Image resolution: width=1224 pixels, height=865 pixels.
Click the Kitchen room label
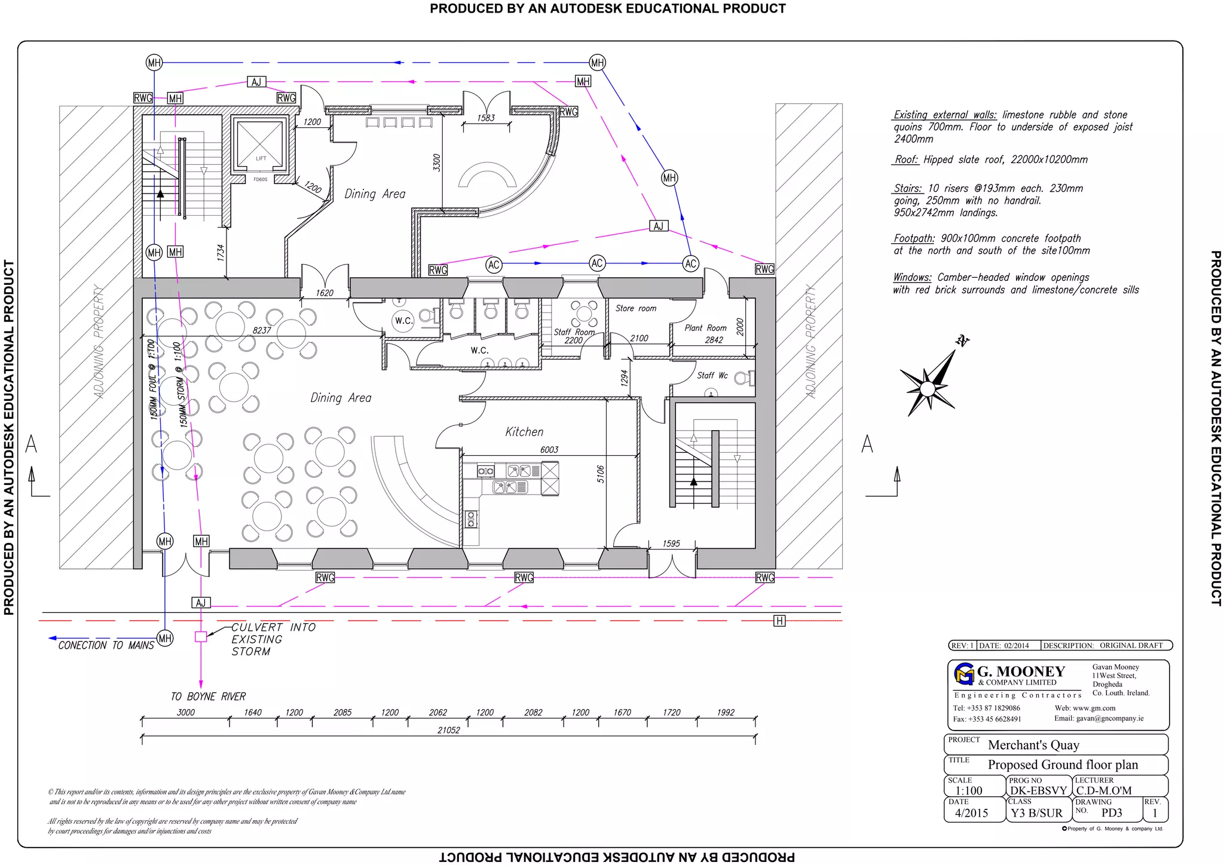pos(524,432)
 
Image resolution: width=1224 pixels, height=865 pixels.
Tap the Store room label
pos(636,308)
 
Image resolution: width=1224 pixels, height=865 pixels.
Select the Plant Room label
pos(705,328)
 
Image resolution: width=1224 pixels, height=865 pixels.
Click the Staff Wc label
pos(712,375)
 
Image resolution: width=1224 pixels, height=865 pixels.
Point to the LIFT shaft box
pos(260,143)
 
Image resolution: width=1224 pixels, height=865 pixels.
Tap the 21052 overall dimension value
pos(448,730)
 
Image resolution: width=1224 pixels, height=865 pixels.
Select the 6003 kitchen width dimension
pos(549,450)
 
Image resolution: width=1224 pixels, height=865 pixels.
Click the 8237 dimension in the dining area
pos(262,330)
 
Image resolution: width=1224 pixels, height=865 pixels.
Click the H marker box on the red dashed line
pos(779,621)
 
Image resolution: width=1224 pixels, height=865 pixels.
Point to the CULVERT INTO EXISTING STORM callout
pos(273,639)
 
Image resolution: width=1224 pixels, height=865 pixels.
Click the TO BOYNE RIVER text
pos(208,697)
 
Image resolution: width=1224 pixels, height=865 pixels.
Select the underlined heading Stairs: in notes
pos(907,188)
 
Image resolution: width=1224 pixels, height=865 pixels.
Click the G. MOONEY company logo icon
pos(964,674)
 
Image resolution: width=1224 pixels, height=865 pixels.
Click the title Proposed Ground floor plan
pos(1062,765)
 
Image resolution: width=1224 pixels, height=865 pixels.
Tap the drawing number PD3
pos(1111,812)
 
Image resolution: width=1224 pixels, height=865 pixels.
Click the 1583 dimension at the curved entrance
pos(486,118)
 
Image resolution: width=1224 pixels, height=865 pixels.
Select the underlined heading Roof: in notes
pos(906,159)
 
